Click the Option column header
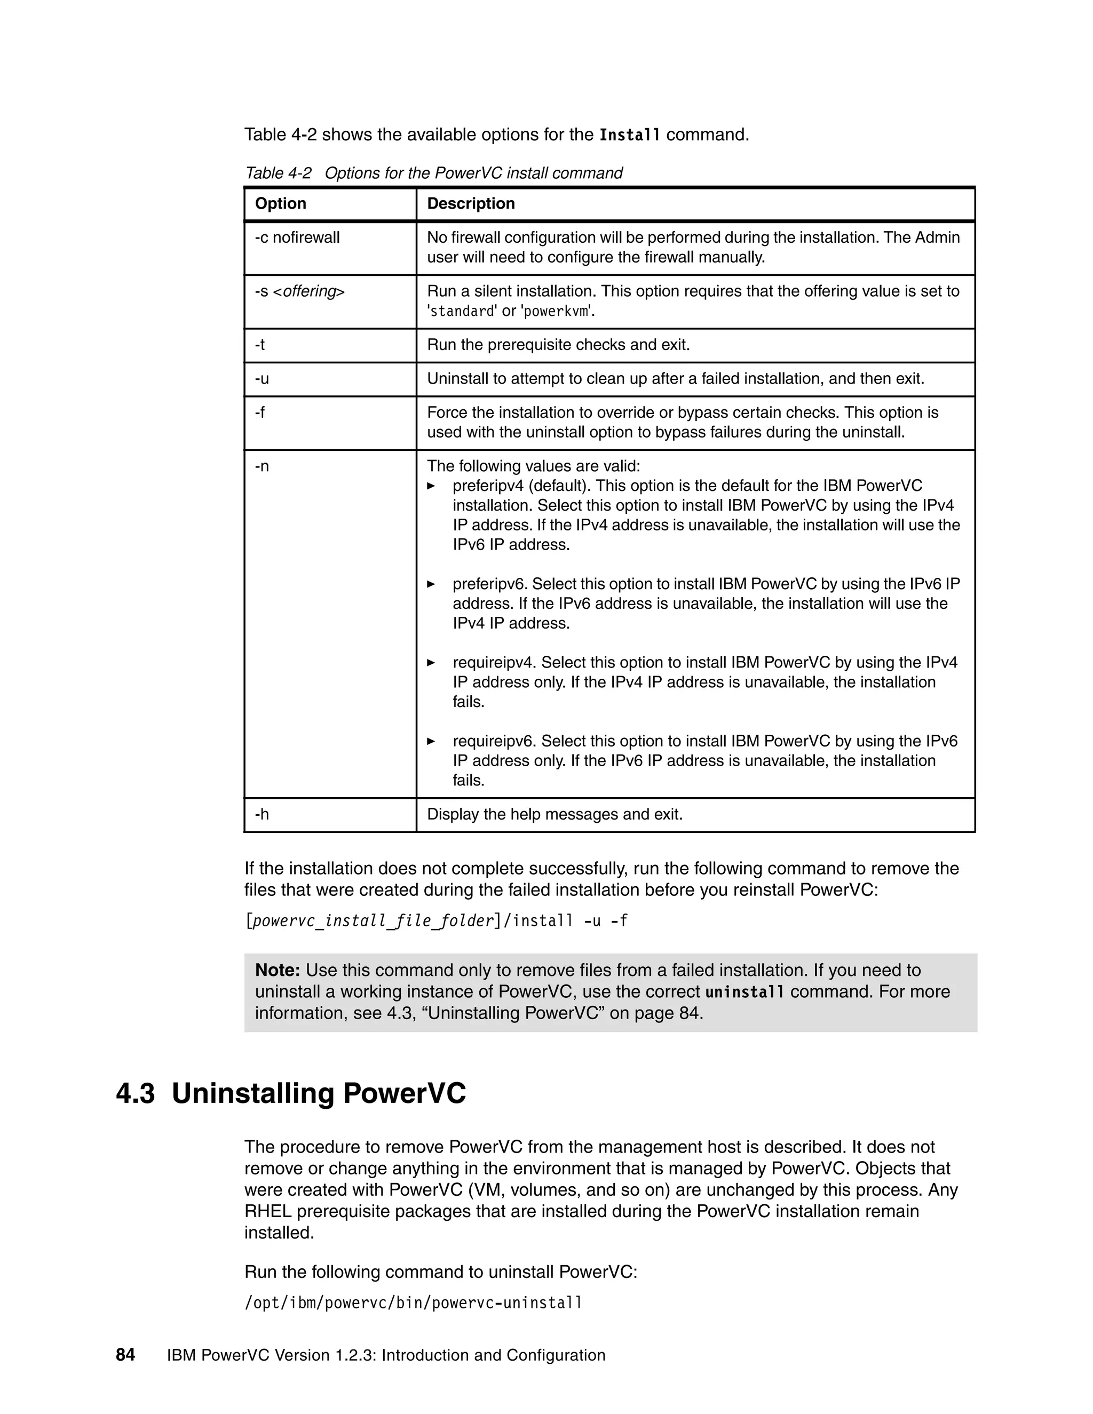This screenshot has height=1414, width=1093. coord(280,203)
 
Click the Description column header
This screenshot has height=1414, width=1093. coord(471,203)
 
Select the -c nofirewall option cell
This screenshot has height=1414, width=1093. coord(297,237)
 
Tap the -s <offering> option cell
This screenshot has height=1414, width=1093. coord(300,291)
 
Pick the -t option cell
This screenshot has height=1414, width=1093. coord(260,345)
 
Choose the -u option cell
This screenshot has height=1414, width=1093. coord(262,379)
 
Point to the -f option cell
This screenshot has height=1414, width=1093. coord(260,412)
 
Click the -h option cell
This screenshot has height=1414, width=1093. coord(262,814)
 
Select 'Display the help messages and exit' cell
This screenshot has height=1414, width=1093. coord(555,814)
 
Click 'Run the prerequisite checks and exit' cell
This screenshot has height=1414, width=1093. coord(558,345)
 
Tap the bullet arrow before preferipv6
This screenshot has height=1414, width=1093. coord(431,584)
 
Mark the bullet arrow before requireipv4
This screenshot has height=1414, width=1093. coord(431,663)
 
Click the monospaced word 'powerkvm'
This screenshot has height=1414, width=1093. coord(556,312)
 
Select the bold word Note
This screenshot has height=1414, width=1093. coord(277,971)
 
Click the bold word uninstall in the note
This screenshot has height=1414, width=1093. coord(744,992)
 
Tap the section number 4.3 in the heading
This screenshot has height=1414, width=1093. coord(136,1093)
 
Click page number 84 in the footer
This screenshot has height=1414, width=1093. coord(125,1355)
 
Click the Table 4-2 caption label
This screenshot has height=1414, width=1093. coord(279,173)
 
